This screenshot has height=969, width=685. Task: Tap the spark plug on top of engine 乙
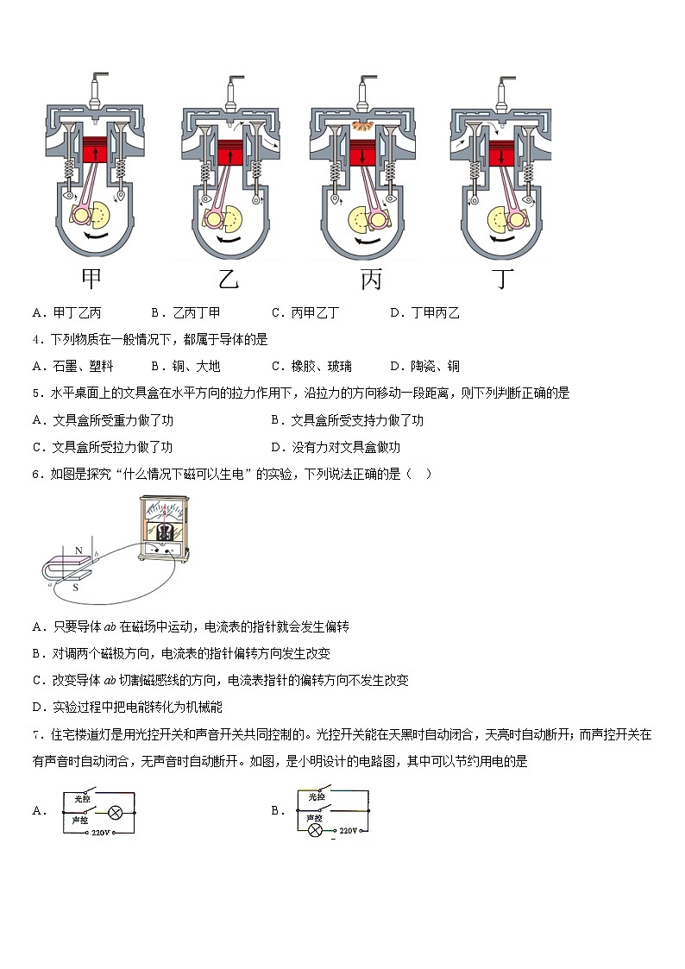point(230,91)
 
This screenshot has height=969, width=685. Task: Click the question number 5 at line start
point(35,393)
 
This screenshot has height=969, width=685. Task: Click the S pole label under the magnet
point(75,588)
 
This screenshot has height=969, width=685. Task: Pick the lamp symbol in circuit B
point(315,830)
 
